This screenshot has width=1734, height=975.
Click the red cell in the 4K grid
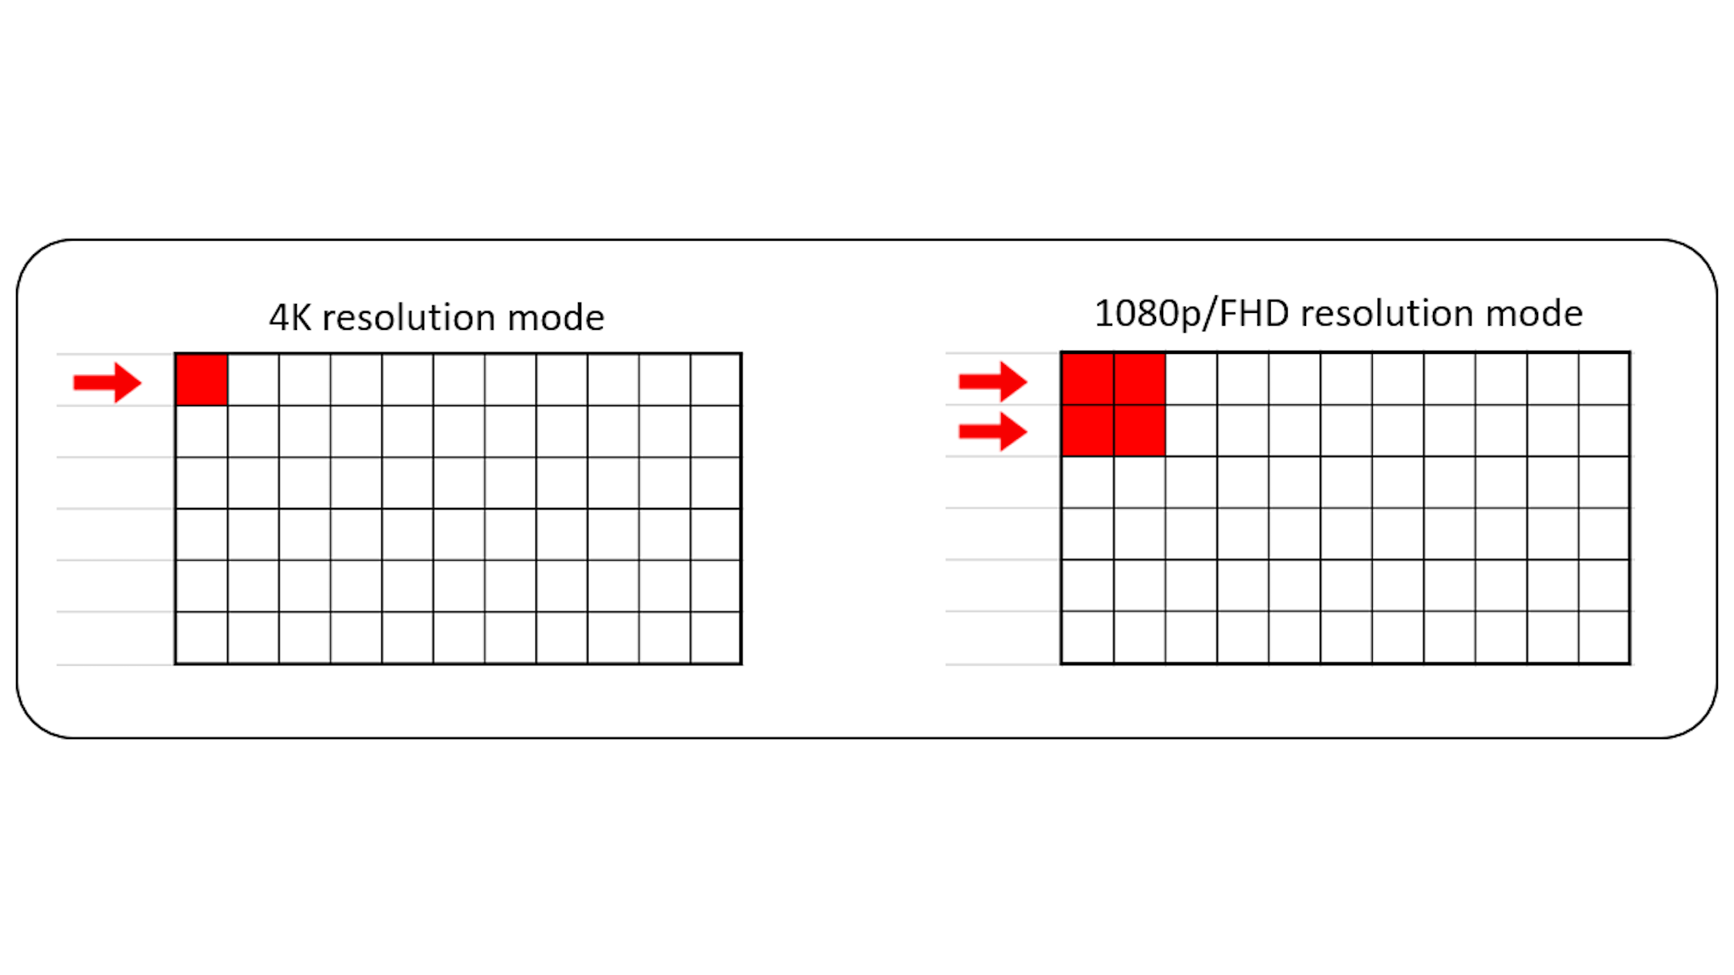201,380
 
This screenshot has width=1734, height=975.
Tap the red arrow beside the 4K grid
108,382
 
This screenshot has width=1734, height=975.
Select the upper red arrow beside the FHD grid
993,381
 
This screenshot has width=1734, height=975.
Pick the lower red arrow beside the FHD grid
993,432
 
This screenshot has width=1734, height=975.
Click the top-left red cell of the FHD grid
1088,379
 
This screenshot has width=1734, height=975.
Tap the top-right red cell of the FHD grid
1140,379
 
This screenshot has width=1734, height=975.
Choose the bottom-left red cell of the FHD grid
1088,431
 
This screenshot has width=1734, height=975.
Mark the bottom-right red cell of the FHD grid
1140,431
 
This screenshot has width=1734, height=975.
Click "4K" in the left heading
290,318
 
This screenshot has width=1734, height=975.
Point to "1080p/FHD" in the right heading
1193,314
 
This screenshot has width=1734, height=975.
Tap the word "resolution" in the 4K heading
408,319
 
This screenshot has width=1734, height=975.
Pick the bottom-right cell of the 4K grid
715,638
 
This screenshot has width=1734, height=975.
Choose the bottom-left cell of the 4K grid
201,638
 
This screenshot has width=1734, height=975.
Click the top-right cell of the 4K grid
715,380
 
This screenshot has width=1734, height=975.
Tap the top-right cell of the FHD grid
1604,379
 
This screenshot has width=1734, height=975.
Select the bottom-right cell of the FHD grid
1604,637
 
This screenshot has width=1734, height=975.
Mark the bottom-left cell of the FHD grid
1088,637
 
